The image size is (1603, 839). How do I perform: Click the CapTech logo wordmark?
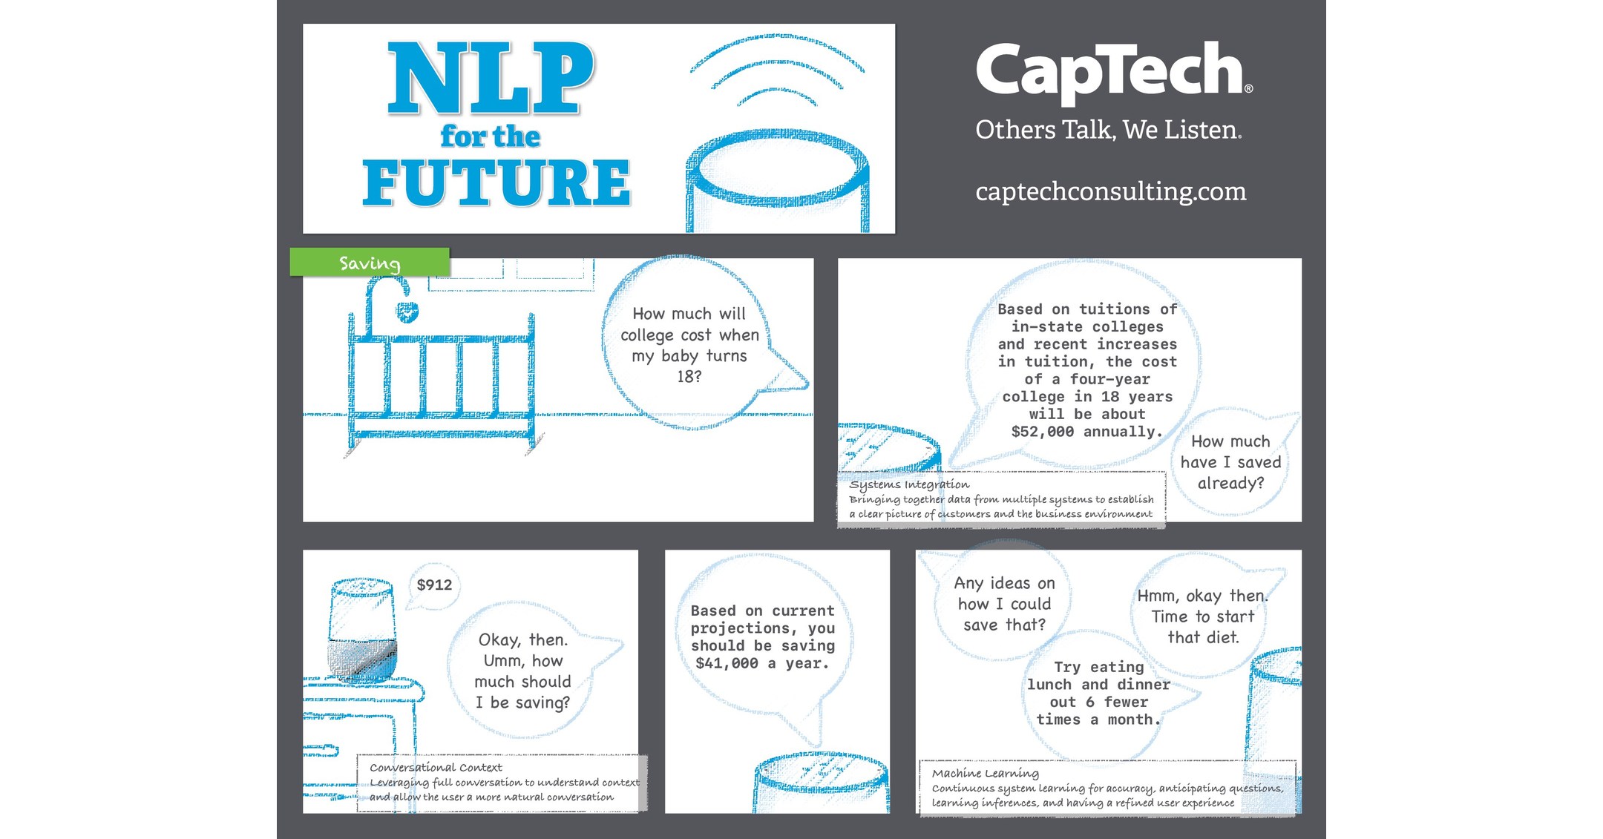(1113, 71)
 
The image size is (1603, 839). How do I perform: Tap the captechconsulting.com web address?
(1110, 191)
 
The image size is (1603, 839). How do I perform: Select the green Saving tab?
(370, 263)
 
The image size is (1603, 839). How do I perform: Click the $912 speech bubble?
(434, 585)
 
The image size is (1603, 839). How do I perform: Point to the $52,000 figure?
(1043, 432)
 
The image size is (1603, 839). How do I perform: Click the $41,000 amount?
(727, 663)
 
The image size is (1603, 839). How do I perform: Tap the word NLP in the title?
(490, 78)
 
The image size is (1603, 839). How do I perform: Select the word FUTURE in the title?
(496, 183)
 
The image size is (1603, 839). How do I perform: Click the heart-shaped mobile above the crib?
(407, 312)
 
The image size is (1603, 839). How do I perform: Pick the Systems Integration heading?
(909, 484)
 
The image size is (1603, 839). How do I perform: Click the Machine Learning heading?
(985, 773)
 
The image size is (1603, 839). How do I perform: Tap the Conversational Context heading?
(436, 767)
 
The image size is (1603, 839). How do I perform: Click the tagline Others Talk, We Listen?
(1108, 130)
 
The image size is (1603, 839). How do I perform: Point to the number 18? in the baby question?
(689, 377)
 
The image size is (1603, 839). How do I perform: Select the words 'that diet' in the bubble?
(1203, 637)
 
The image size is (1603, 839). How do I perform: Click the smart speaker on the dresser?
(361, 630)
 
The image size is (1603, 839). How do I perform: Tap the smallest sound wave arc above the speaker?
(777, 96)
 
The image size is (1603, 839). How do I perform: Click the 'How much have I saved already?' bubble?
(1230, 462)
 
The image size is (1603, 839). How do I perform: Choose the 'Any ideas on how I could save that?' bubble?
(1003, 604)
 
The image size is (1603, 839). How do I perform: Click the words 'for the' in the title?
(490, 136)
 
